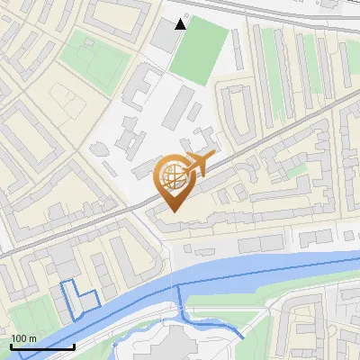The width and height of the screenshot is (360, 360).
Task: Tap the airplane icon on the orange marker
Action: click(199, 164)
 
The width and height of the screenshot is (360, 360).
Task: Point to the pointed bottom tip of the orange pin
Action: click(173, 211)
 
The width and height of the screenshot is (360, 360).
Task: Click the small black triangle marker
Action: click(182, 24)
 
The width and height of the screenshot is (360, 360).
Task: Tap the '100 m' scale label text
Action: click(23, 338)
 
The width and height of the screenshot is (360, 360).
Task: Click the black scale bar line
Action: click(42, 346)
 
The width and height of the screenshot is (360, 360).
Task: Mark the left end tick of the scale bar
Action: click(11, 345)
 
